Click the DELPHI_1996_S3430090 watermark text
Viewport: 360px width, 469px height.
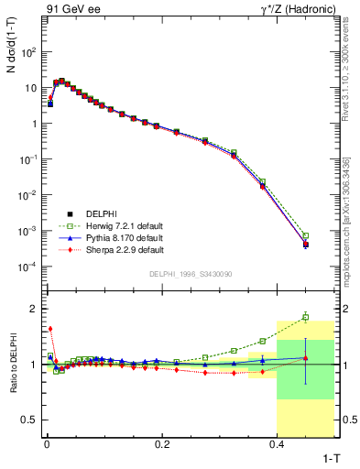tap(190, 274)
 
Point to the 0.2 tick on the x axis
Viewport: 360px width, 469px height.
tap(162, 444)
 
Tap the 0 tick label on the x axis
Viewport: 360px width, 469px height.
tap(47, 444)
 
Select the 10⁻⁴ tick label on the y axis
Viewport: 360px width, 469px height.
tap(29, 267)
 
